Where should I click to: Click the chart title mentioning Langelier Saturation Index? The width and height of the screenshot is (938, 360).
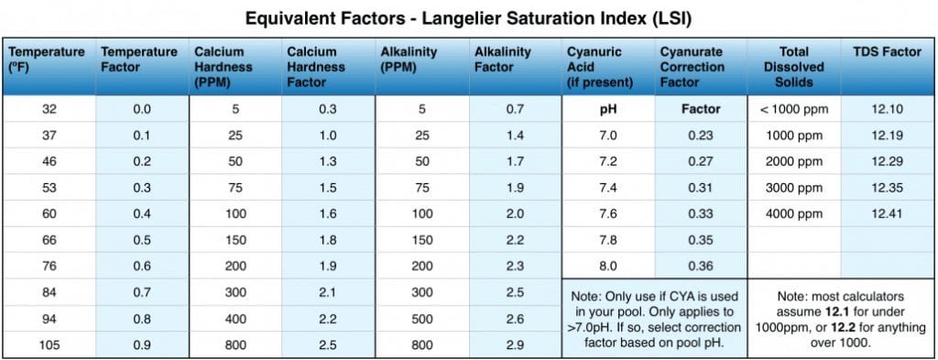point(468,17)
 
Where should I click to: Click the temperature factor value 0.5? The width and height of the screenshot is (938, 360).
point(141,241)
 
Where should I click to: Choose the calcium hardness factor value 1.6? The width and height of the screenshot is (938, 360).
point(328,214)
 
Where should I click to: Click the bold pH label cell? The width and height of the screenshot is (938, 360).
point(607,109)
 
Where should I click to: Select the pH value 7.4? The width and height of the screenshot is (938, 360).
point(607,188)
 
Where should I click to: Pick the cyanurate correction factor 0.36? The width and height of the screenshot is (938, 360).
point(701,267)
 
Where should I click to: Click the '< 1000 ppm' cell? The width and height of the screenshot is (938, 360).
point(793,109)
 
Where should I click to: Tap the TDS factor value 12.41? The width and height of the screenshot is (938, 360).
point(886,214)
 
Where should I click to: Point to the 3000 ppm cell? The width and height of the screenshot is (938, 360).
point(793,188)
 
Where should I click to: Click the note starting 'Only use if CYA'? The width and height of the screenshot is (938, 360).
point(653,320)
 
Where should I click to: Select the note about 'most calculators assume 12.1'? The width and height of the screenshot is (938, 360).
point(839,320)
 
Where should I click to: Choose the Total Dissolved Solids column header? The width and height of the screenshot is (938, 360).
point(793,67)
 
